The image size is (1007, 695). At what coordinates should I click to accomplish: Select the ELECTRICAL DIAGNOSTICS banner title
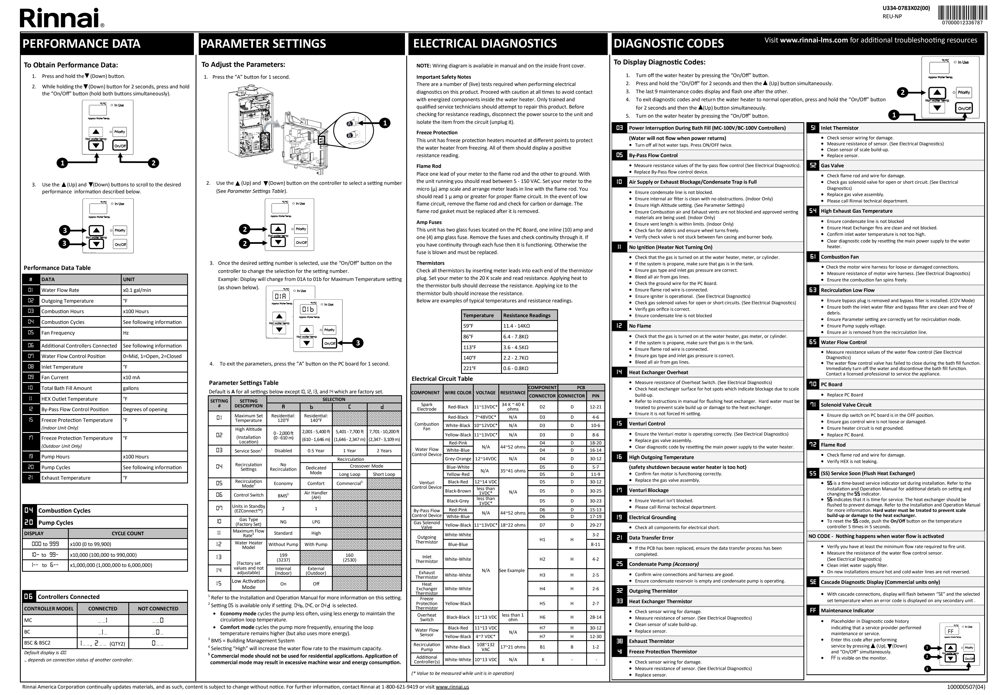pyautogui.click(x=484, y=44)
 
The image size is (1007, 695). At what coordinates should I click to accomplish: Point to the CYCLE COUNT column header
pyautogui.click(x=128, y=533)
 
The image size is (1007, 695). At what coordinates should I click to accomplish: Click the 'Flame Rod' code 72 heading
pyautogui.click(x=833, y=445)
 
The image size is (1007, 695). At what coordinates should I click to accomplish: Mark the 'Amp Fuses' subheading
pyautogui.click(x=429, y=222)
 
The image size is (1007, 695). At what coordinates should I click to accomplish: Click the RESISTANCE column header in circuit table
pyautogui.click(x=512, y=392)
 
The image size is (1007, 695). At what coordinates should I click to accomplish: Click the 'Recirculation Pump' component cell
pyautogui.click(x=427, y=647)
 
